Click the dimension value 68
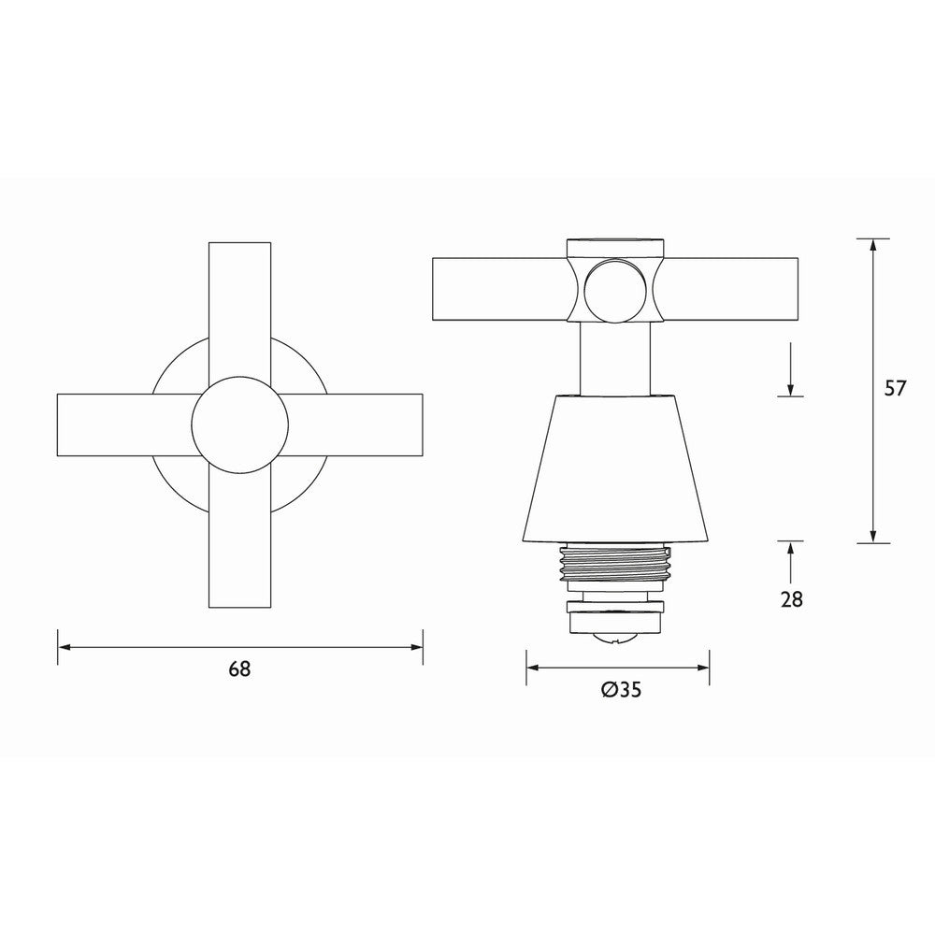(x=239, y=669)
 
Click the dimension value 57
(x=895, y=389)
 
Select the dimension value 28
(x=791, y=599)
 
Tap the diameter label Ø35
(x=618, y=691)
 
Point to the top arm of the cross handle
(x=239, y=299)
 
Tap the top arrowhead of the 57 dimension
(x=873, y=246)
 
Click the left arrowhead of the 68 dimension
(x=65, y=646)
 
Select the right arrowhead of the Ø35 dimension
(x=702, y=668)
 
